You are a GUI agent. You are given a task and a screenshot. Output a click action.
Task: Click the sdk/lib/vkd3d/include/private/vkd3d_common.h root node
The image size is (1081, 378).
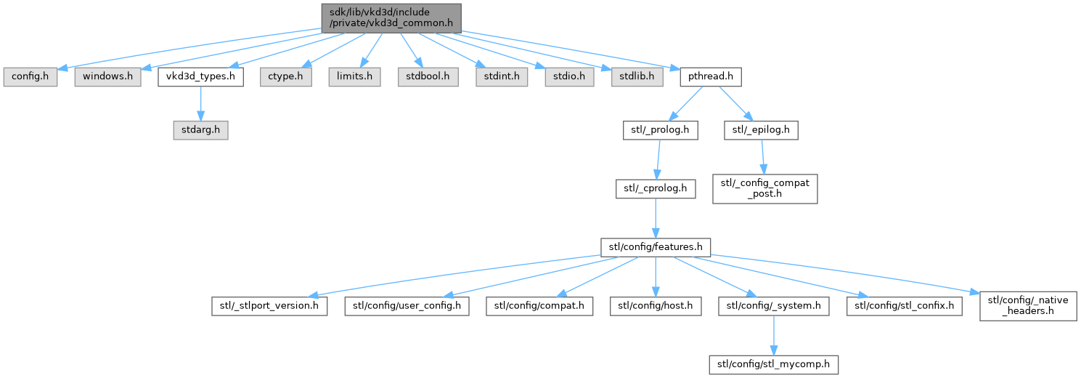click(x=391, y=18)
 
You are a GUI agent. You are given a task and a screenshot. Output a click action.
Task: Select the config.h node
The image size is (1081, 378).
click(x=30, y=77)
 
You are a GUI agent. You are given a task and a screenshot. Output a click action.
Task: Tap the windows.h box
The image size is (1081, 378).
click(x=107, y=77)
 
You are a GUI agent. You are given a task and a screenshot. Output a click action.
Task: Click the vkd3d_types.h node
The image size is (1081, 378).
click(x=201, y=77)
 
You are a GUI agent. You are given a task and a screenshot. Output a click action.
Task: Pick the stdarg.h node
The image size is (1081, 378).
click(x=201, y=130)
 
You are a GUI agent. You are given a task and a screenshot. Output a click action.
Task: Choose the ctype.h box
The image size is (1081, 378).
click(x=286, y=77)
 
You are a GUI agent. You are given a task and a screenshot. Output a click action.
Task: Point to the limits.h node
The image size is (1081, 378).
click(x=355, y=77)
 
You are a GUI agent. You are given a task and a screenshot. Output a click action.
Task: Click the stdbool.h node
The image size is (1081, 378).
click(x=428, y=77)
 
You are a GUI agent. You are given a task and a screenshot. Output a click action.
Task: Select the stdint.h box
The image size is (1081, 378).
click(x=502, y=77)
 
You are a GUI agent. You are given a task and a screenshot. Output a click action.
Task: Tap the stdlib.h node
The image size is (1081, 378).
click(x=637, y=77)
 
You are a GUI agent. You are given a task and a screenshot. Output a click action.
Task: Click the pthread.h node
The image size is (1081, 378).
click(x=711, y=77)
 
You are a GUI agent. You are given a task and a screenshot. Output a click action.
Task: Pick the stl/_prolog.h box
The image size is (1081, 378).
click(x=660, y=130)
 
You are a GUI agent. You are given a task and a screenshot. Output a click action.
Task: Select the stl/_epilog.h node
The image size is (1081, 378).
click(x=761, y=130)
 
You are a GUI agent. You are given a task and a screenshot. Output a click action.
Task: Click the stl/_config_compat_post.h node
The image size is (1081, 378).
click(x=765, y=188)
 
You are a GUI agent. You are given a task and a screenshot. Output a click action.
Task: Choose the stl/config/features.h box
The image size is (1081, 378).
click(x=656, y=247)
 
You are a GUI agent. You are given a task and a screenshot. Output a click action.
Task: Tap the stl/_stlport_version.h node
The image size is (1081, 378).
click(x=269, y=306)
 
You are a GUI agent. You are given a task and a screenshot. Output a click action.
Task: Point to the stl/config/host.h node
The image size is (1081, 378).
click(x=656, y=306)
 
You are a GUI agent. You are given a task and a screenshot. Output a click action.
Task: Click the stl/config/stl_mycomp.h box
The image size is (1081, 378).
click(x=774, y=364)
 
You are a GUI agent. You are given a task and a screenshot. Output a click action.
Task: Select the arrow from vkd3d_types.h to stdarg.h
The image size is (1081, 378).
click(x=201, y=103)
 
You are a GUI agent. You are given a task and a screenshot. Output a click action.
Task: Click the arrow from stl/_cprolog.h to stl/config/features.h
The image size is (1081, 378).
click(x=656, y=218)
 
